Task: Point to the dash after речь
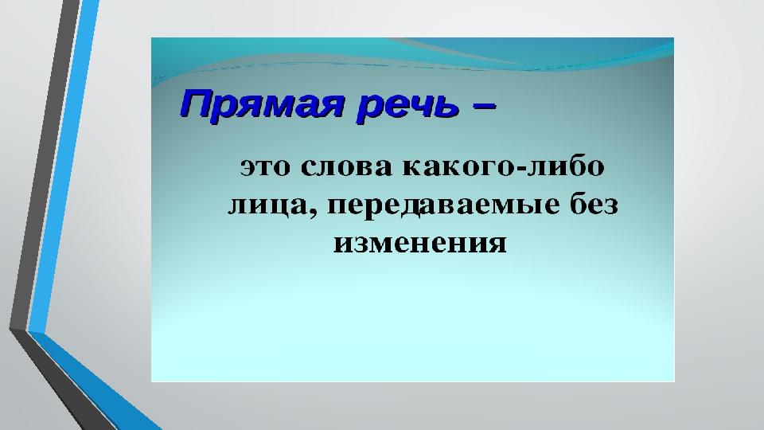pyautogui.click(x=483, y=106)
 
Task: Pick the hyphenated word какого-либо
pyautogui.click(x=503, y=166)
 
